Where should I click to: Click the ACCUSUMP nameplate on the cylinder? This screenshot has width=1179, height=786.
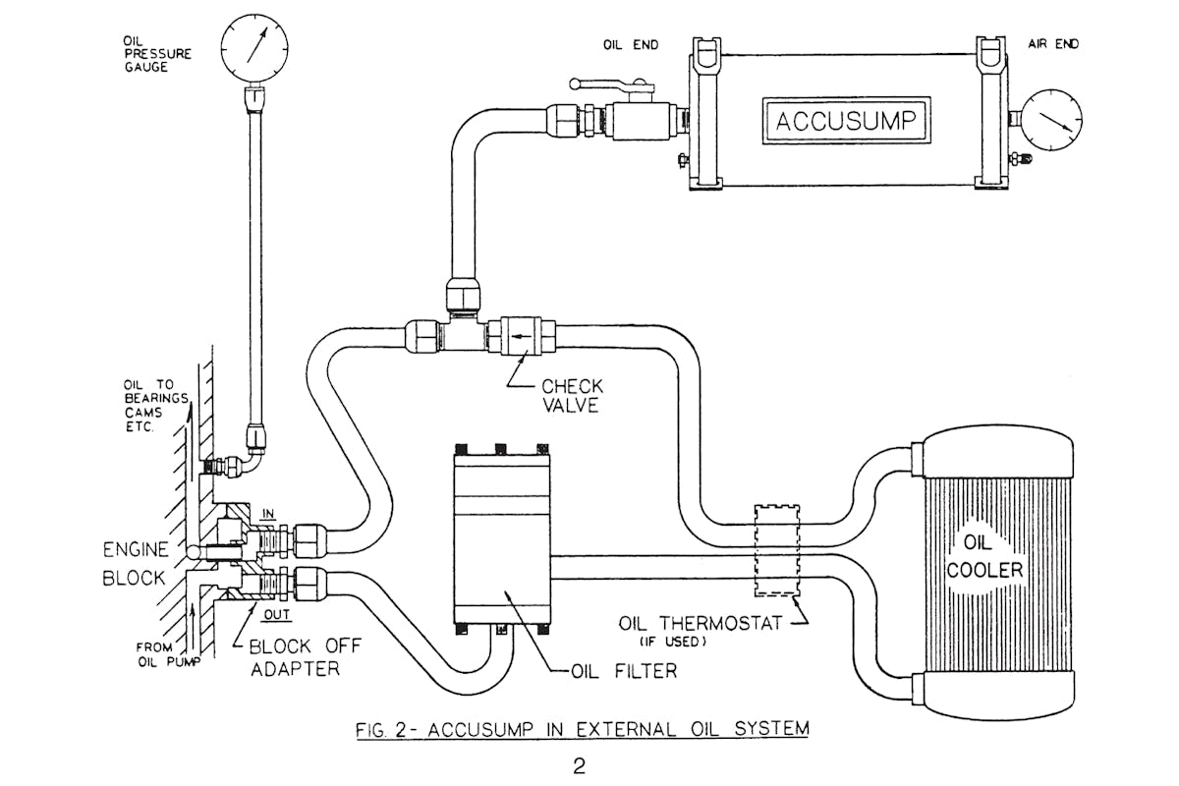tap(846, 122)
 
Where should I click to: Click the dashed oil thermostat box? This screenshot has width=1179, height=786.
tap(775, 550)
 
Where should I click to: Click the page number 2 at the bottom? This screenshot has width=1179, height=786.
tap(579, 766)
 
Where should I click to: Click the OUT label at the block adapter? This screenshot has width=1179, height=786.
tap(278, 615)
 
